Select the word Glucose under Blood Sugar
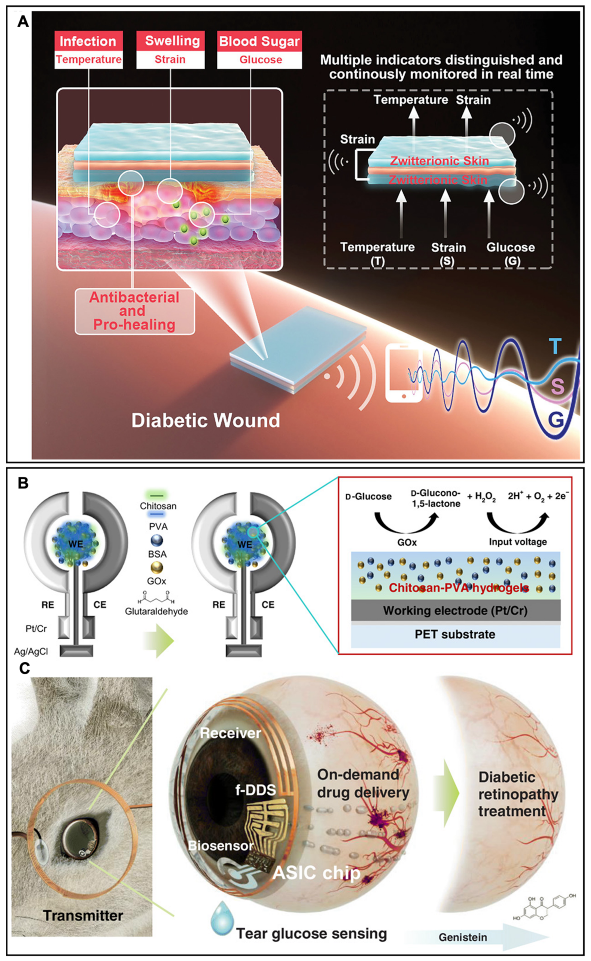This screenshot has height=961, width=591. pos(260,60)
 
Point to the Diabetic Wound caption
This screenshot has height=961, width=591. pos(205,420)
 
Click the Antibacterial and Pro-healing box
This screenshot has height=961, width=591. pos(134,311)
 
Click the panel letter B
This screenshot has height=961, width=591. pos(24,483)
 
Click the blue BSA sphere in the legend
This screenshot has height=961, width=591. pos(156,541)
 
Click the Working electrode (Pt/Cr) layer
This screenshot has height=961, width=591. pos(455,611)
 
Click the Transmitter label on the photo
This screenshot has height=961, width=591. pos(83,915)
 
